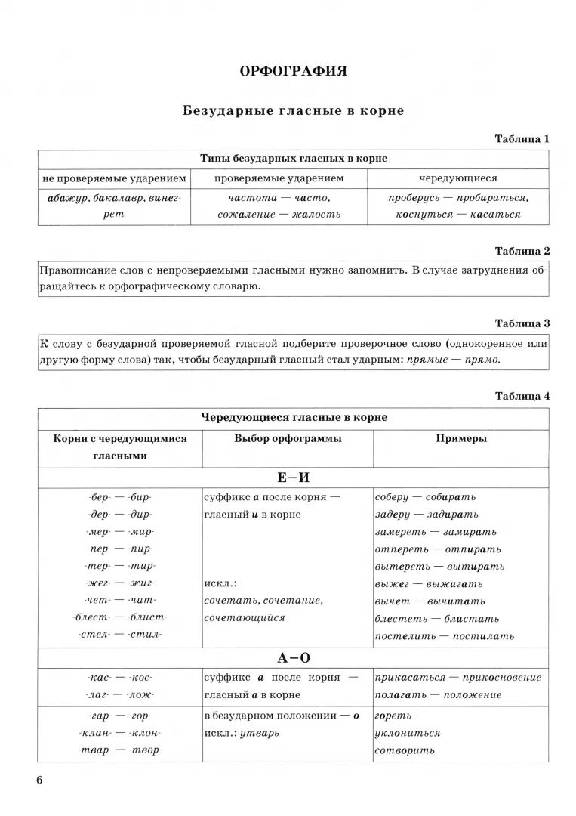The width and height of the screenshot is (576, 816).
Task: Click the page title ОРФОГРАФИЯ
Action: point(293,71)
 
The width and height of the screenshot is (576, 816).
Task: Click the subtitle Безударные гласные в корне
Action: point(293,110)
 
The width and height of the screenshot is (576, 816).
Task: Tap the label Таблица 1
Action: point(522,139)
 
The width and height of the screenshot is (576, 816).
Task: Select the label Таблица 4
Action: point(522,396)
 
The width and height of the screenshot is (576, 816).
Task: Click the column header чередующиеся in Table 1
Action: point(458,178)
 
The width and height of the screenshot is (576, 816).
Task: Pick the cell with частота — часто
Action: point(279,198)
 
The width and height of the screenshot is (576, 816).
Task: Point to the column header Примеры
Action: point(460,439)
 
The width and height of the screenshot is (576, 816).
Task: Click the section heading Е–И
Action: point(294,478)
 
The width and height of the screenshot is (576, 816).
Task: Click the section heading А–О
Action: point(294,658)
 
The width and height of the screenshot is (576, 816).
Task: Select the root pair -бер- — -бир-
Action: point(119,497)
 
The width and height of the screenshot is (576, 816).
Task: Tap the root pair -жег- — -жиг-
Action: point(119,583)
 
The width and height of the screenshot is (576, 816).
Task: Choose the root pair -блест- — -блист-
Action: point(119,617)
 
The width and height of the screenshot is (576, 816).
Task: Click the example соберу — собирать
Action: point(425,497)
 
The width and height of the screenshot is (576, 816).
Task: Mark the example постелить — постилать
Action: point(445,635)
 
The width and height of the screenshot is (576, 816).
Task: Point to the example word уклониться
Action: point(408,733)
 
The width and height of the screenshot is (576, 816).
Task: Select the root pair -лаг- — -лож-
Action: point(119,694)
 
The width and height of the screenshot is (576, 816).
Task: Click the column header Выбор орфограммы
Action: point(287,439)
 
